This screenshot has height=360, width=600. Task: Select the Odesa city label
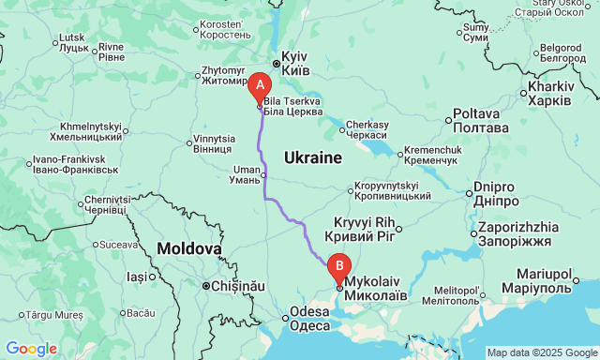coord(309,319)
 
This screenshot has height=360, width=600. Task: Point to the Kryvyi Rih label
coord(361,228)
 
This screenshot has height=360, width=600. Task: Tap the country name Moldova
coord(189,249)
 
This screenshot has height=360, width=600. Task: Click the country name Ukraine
coord(312,157)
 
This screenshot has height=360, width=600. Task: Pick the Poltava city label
coord(482,119)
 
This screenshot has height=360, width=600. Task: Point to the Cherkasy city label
coord(367,129)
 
